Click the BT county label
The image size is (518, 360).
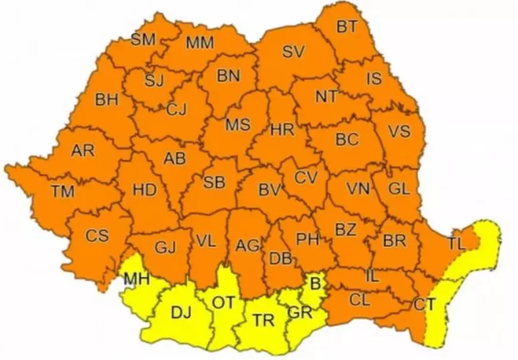tap(347, 26)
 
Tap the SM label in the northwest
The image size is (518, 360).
tap(143, 40)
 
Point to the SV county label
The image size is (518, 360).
tap(294, 52)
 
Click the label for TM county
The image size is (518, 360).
tap(63, 192)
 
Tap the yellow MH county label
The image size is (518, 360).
tap(136, 280)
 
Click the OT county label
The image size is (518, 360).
tap(224, 302)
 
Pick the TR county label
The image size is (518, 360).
tap(263, 320)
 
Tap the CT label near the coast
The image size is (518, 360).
tap(425, 304)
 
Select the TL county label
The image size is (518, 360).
tap(457, 243)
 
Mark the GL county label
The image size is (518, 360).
tap(399, 189)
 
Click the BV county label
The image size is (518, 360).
tap(269, 190)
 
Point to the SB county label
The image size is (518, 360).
tap(214, 182)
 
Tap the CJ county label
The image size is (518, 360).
tap(176, 109)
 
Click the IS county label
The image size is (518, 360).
tap(373, 79)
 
